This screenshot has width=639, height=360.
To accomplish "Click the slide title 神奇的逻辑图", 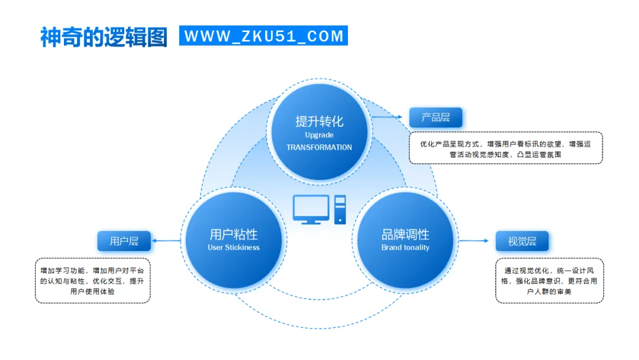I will [104, 37].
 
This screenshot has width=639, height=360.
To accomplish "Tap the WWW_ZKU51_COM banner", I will [264, 36].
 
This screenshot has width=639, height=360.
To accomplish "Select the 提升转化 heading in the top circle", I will [319, 121].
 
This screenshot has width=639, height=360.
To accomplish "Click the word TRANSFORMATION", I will [319, 147].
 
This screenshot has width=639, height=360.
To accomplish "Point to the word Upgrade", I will [319, 135].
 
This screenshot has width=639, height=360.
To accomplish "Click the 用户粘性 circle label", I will [234, 234].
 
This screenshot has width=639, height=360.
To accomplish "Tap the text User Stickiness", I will [234, 247].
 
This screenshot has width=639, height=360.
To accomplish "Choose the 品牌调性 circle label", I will [405, 234].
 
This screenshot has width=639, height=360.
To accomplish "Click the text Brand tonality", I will [405, 247].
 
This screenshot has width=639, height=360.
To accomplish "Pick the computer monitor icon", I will [311, 209].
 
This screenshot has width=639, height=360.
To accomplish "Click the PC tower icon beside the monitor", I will [340, 210].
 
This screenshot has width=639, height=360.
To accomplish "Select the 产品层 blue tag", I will [435, 117].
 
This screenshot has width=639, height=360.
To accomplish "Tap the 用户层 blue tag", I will [124, 241].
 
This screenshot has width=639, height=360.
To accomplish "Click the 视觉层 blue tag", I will [522, 241].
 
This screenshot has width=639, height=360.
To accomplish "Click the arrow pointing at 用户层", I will [166, 240].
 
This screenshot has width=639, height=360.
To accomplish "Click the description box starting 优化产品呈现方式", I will [506, 148].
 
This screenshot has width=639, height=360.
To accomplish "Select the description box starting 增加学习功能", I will [92, 281].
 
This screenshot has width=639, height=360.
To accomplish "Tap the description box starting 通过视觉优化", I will [549, 281].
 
